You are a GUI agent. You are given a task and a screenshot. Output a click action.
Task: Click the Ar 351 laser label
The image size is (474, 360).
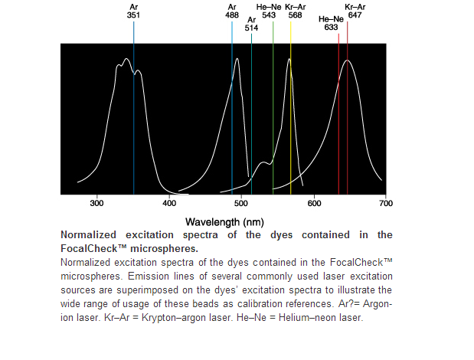click(x=133, y=10)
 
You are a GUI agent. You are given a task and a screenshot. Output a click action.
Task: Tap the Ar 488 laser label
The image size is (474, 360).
click(x=232, y=10)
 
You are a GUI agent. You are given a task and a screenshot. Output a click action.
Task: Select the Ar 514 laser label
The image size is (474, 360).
click(x=251, y=23)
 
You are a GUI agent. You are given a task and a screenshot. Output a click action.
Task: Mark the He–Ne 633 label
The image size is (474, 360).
click(x=331, y=23)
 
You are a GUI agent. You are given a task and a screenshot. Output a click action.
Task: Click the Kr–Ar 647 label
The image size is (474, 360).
click(x=355, y=10)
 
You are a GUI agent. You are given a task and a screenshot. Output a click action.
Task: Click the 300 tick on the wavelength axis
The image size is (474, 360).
click(x=96, y=204)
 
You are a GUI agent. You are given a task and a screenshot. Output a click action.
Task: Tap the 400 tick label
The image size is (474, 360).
click(x=169, y=204)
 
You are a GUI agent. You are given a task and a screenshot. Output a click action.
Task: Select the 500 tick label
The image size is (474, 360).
click(x=241, y=204)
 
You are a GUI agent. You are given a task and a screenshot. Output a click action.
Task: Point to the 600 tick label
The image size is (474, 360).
click(x=314, y=204)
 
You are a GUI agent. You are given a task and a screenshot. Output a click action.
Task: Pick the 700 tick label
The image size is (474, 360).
click(x=386, y=204)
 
